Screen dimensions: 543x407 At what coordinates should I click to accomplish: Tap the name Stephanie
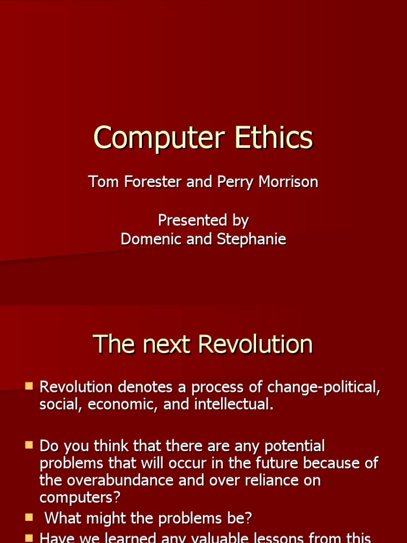pos(251,239)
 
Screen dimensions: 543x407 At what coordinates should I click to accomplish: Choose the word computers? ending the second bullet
pos(80,498)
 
